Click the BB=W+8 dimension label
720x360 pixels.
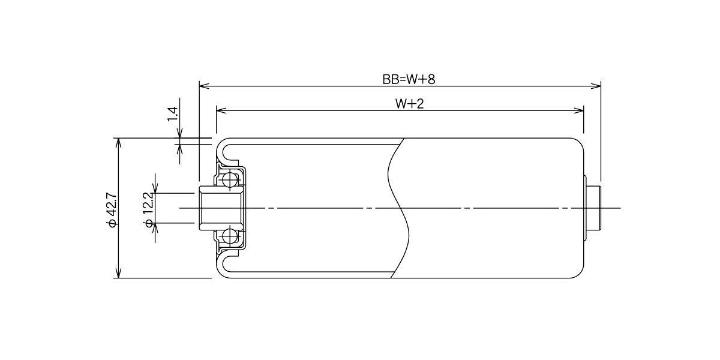point(409,79)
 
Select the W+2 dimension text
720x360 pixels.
point(409,104)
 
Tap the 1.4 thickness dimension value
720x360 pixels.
point(173,114)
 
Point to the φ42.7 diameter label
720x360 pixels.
point(113,210)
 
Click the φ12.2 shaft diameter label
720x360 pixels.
point(149,210)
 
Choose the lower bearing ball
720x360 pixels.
point(230,236)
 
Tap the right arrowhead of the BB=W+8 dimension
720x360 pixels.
point(596,86)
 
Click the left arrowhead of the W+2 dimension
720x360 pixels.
point(222,110)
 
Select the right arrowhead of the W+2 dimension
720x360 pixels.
point(578,110)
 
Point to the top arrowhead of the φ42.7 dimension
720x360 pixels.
point(119,143)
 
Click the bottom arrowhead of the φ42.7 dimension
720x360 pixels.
point(119,272)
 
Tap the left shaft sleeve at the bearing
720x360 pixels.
point(221,208)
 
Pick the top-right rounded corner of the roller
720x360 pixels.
point(578,143)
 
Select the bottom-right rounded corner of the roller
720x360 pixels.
point(578,272)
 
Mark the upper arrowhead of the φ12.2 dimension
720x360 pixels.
point(155,188)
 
